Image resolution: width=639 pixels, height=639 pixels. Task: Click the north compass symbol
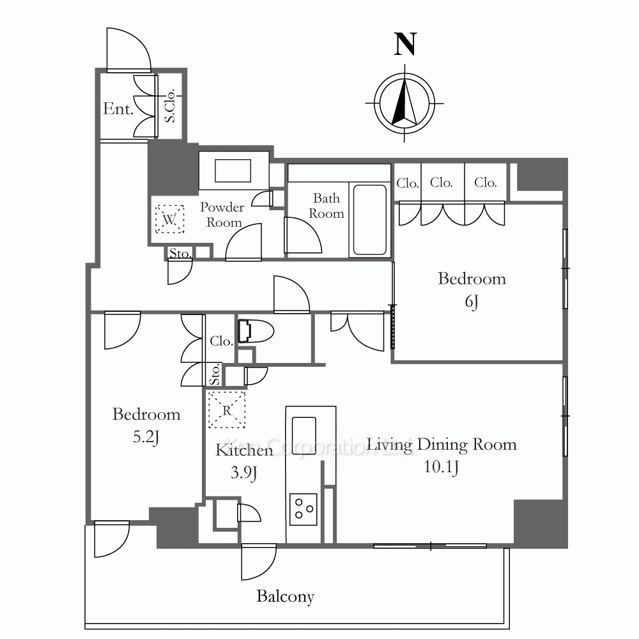click(x=404, y=103)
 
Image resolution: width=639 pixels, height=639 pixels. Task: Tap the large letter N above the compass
click(x=405, y=44)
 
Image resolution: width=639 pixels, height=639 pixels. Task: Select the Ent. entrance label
click(x=118, y=109)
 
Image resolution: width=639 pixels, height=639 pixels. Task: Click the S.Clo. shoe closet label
click(x=170, y=105)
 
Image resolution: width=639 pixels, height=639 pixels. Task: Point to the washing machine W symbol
click(x=169, y=219)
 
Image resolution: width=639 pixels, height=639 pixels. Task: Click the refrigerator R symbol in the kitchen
click(x=227, y=410)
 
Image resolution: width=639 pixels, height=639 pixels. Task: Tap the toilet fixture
click(x=256, y=331)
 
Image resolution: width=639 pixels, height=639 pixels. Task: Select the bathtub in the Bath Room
click(x=369, y=220)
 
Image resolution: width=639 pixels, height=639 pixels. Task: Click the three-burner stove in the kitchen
click(x=303, y=509)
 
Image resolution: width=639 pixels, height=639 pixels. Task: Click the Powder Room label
click(x=222, y=215)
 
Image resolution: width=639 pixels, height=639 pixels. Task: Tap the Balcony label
click(x=285, y=597)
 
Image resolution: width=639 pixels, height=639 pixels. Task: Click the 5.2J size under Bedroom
click(x=146, y=437)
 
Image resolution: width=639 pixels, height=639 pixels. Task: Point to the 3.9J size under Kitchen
click(x=243, y=473)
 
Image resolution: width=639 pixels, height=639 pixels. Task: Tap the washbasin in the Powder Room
click(x=233, y=171)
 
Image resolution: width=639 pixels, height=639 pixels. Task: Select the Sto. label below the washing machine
click(x=180, y=254)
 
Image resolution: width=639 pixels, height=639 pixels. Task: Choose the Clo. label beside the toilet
click(x=221, y=341)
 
